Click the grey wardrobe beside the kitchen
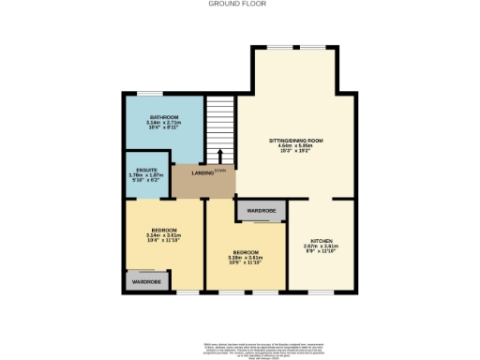pos(261,211)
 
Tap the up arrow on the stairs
pos(220,157)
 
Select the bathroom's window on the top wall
pos(149,92)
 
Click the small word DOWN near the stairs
pos(220,172)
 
